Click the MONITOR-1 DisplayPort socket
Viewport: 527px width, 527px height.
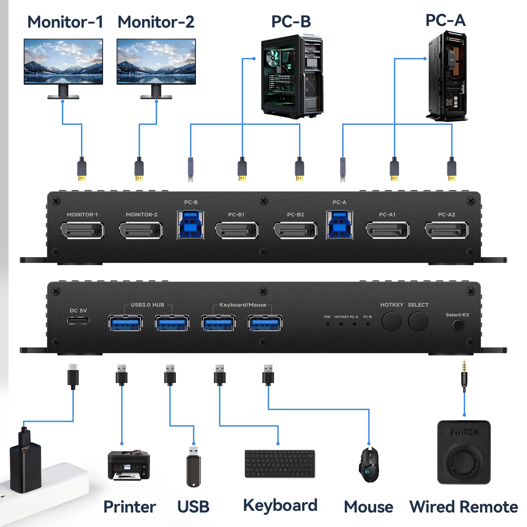coord(82,230)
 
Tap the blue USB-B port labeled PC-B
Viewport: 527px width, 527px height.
coord(190,225)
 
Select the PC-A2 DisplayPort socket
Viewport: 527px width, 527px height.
coord(447,230)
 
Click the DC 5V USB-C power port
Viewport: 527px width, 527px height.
coord(78,320)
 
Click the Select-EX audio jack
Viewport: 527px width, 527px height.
coord(458,325)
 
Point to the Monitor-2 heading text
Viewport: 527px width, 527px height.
coord(156,22)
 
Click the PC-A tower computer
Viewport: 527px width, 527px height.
coord(447,76)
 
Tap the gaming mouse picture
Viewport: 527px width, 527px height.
coord(369,465)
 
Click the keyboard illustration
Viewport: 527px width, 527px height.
coord(280,464)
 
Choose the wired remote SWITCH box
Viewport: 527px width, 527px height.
coord(464,452)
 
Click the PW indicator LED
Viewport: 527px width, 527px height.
coord(327,324)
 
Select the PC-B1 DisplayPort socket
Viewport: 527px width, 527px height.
coord(237,230)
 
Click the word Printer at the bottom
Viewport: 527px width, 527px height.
coord(129,507)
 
